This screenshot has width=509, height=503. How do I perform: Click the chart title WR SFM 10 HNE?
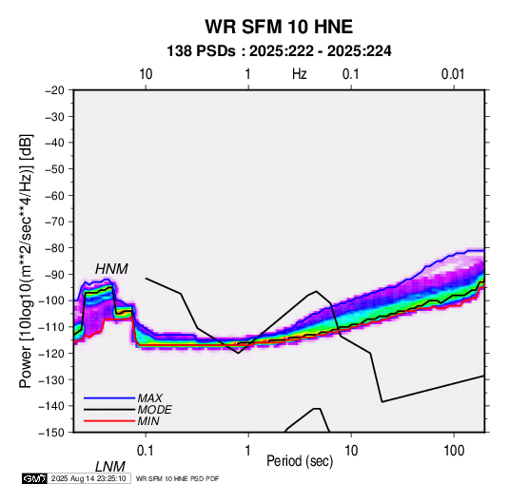[x=279, y=27]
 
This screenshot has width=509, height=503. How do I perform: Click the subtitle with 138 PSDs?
[x=279, y=51]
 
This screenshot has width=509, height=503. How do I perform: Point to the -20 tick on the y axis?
[x=54, y=90]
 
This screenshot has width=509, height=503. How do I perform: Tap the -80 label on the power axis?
[x=54, y=248]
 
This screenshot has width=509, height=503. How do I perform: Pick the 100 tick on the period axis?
[x=454, y=451]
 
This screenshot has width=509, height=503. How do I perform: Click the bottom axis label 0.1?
[x=146, y=451]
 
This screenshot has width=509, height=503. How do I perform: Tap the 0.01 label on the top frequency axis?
[x=453, y=74]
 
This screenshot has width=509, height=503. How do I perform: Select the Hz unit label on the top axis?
[x=299, y=74]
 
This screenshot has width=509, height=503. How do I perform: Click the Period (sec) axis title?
[x=300, y=461]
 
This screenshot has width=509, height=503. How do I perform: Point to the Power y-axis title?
[x=26, y=261]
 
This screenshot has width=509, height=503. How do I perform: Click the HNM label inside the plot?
[x=111, y=269]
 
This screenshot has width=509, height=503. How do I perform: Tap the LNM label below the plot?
[x=109, y=467]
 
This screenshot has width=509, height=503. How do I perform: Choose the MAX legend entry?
[x=150, y=398]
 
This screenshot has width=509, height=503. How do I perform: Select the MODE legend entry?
[x=154, y=410]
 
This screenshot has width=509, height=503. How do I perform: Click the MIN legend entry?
[x=148, y=421]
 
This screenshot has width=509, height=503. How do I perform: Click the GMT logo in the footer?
[x=34, y=478]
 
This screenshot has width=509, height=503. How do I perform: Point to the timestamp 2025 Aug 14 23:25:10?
[x=88, y=478]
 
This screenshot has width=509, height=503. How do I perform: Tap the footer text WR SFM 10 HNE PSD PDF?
[x=177, y=478]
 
